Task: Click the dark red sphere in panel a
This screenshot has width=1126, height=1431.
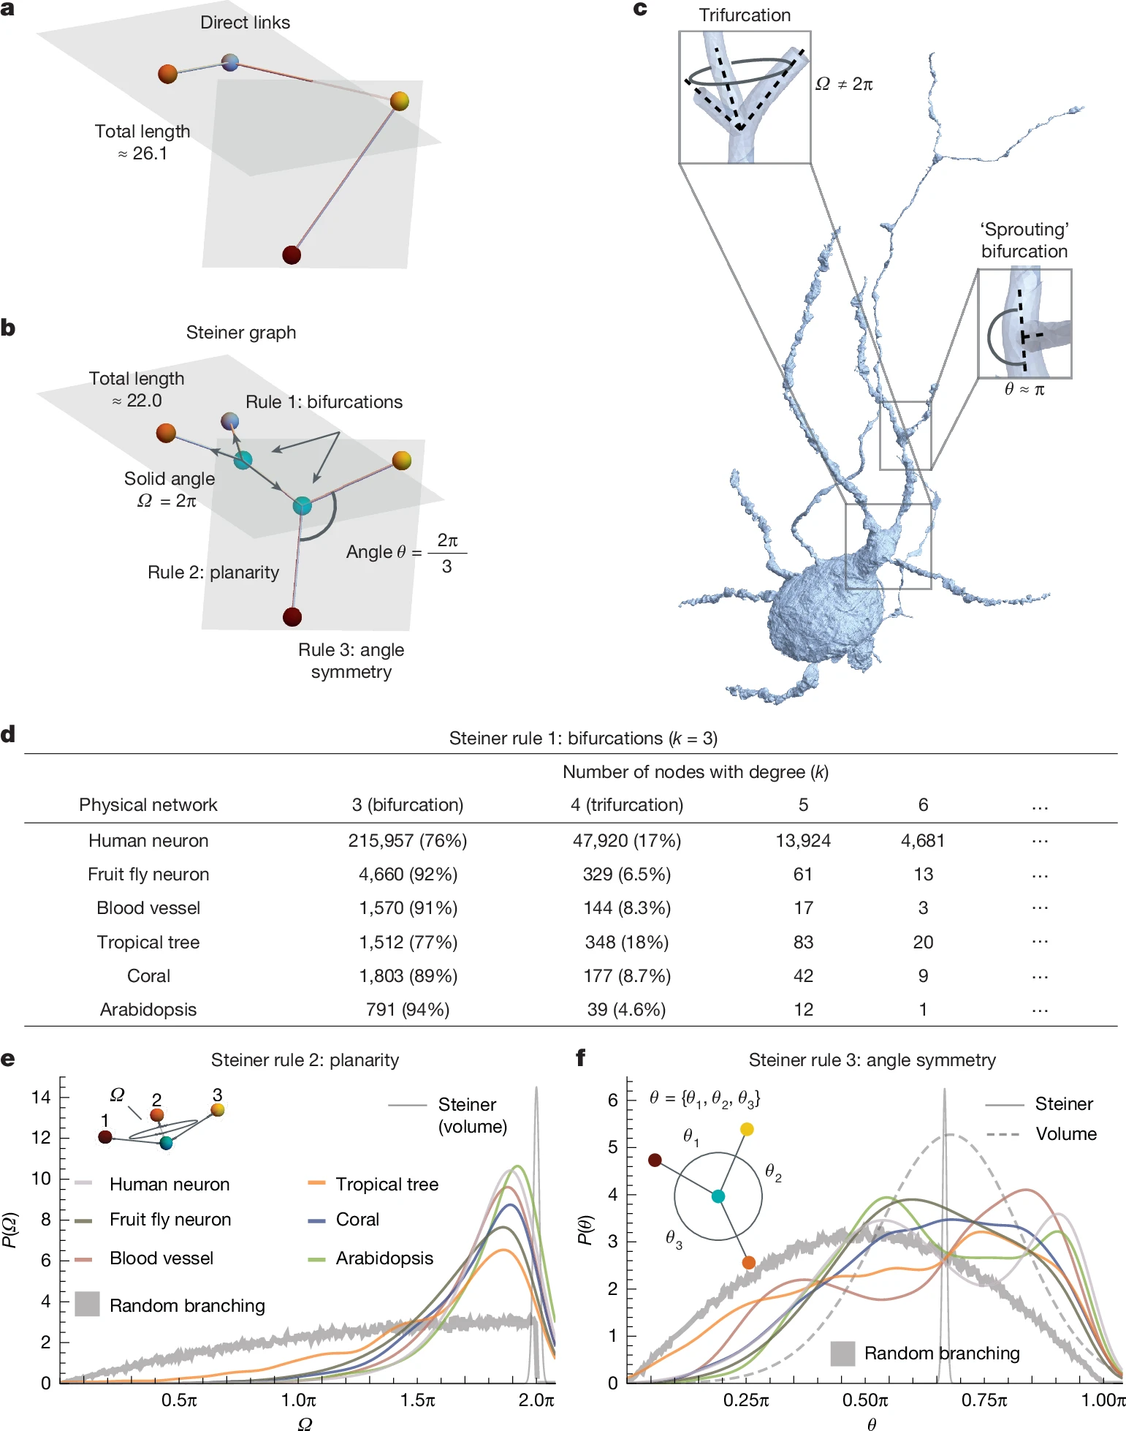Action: coord(292,254)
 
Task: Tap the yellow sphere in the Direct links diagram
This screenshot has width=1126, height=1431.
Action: coord(399,101)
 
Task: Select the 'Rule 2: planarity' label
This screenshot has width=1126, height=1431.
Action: coord(213,572)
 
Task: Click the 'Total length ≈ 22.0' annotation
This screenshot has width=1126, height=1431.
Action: coord(137,389)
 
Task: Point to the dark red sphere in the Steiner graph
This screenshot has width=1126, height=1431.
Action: coord(292,616)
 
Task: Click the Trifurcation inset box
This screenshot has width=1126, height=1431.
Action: coord(745,97)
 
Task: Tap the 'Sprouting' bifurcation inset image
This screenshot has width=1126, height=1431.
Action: coord(1024,323)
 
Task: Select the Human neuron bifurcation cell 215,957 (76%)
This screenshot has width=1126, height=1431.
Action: coord(408,841)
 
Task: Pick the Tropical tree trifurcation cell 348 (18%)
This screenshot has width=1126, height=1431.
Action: coord(627,942)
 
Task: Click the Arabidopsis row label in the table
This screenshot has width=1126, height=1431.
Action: coord(148,1010)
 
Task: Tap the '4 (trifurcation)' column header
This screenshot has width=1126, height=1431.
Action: coord(627,805)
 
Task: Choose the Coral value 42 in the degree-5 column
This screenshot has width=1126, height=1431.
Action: coord(803,976)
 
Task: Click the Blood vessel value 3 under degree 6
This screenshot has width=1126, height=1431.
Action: coord(923,908)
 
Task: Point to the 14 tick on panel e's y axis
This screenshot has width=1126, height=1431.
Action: coord(41,1097)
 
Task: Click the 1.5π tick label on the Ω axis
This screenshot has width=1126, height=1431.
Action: coord(418,1400)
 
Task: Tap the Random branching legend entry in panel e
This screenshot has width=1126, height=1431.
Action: coord(187,1306)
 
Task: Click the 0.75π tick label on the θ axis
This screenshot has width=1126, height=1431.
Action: coord(984,1400)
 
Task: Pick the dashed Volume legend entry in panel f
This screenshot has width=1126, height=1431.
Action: coord(1065,1134)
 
